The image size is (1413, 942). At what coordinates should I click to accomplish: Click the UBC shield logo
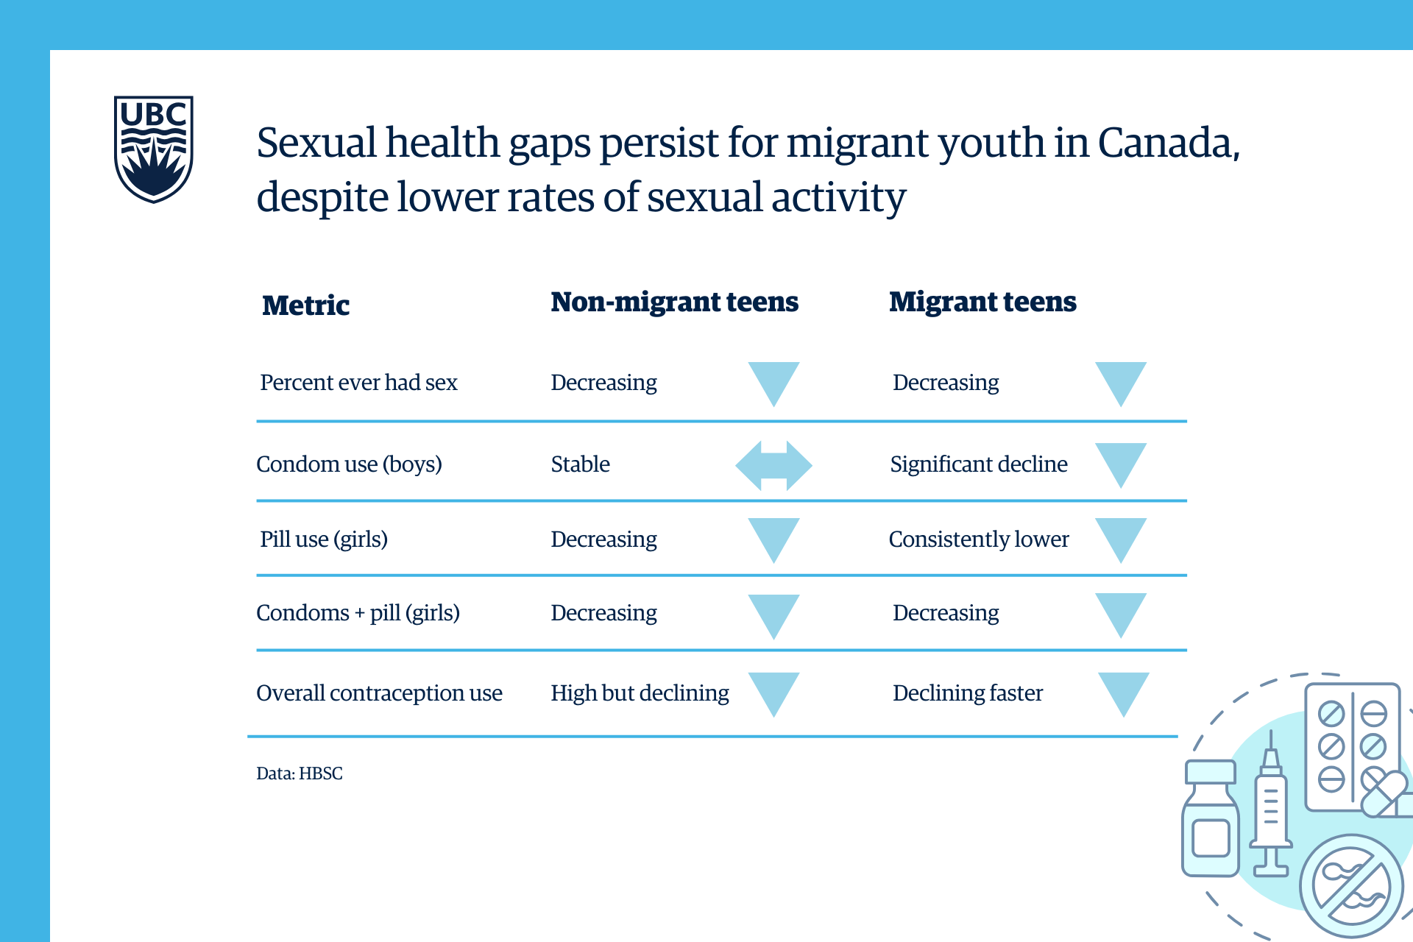(153, 149)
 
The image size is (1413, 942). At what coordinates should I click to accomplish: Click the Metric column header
(305, 305)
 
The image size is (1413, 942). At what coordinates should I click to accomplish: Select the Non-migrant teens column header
(674, 302)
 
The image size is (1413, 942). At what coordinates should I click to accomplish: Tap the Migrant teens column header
(982, 302)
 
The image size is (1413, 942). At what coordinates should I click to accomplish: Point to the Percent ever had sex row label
(358, 383)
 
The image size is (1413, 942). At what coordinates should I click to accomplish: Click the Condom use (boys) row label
(349, 464)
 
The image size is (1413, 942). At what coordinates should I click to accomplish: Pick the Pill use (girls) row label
(324, 539)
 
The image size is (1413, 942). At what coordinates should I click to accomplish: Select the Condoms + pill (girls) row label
(358, 613)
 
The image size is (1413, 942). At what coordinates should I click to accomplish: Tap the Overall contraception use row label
(379, 693)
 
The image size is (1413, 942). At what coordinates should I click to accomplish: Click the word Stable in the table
(580, 464)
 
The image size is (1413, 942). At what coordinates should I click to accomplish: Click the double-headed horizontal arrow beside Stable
(773, 465)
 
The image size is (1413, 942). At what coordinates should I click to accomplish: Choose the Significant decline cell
(978, 464)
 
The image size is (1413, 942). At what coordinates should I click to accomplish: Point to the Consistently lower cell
(978, 539)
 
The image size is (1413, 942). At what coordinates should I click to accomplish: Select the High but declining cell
(640, 693)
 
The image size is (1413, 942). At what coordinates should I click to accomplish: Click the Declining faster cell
(967, 693)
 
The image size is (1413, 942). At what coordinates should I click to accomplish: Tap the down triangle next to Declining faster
(1123, 692)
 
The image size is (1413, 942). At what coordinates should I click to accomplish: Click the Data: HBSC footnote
(299, 773)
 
